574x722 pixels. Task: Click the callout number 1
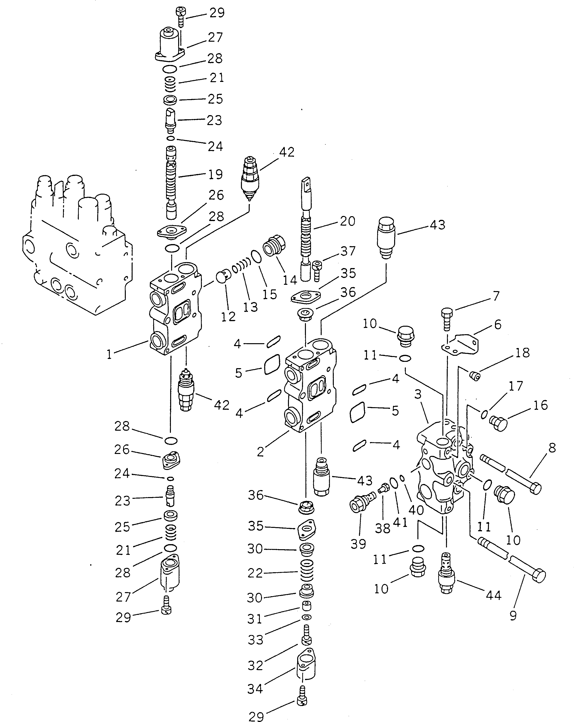coord(109,354)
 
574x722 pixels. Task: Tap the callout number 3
coord(418,394)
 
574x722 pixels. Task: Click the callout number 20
coord(347,221)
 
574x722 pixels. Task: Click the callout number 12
coord(228,317)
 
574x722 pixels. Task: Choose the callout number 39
coord(358,544)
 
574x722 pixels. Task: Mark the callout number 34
coord(255,689)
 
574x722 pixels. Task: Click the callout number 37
coord(348,251)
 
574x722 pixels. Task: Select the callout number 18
coord(522,352)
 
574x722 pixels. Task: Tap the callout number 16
coord(540,405)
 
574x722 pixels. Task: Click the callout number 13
coord(250,307)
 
